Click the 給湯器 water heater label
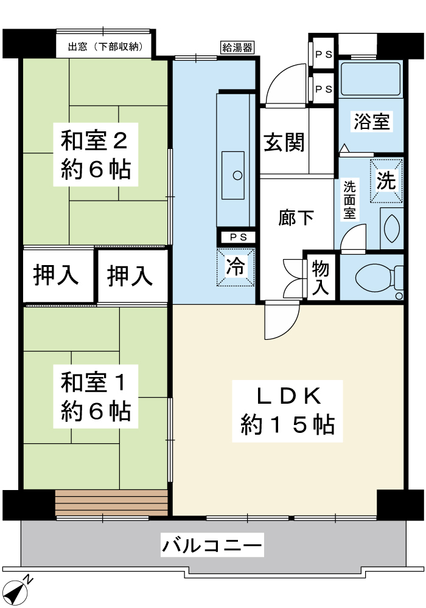(237, 47)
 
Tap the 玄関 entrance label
(284, 142)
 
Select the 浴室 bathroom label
(371, 122)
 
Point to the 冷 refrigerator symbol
(236, 267)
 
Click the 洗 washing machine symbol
(386, 181)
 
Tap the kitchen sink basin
(233, 175)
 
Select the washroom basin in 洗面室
(391, 228)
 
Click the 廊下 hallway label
(296, 218)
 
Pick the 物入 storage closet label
(321, 277)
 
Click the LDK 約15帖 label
(287, 411)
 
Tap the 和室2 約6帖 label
(96, 154)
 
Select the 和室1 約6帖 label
(96, 396)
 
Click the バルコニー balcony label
(212, 545)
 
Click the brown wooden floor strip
(112, 503)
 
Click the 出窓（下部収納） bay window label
(105, 47)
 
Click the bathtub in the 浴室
(371, 78)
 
